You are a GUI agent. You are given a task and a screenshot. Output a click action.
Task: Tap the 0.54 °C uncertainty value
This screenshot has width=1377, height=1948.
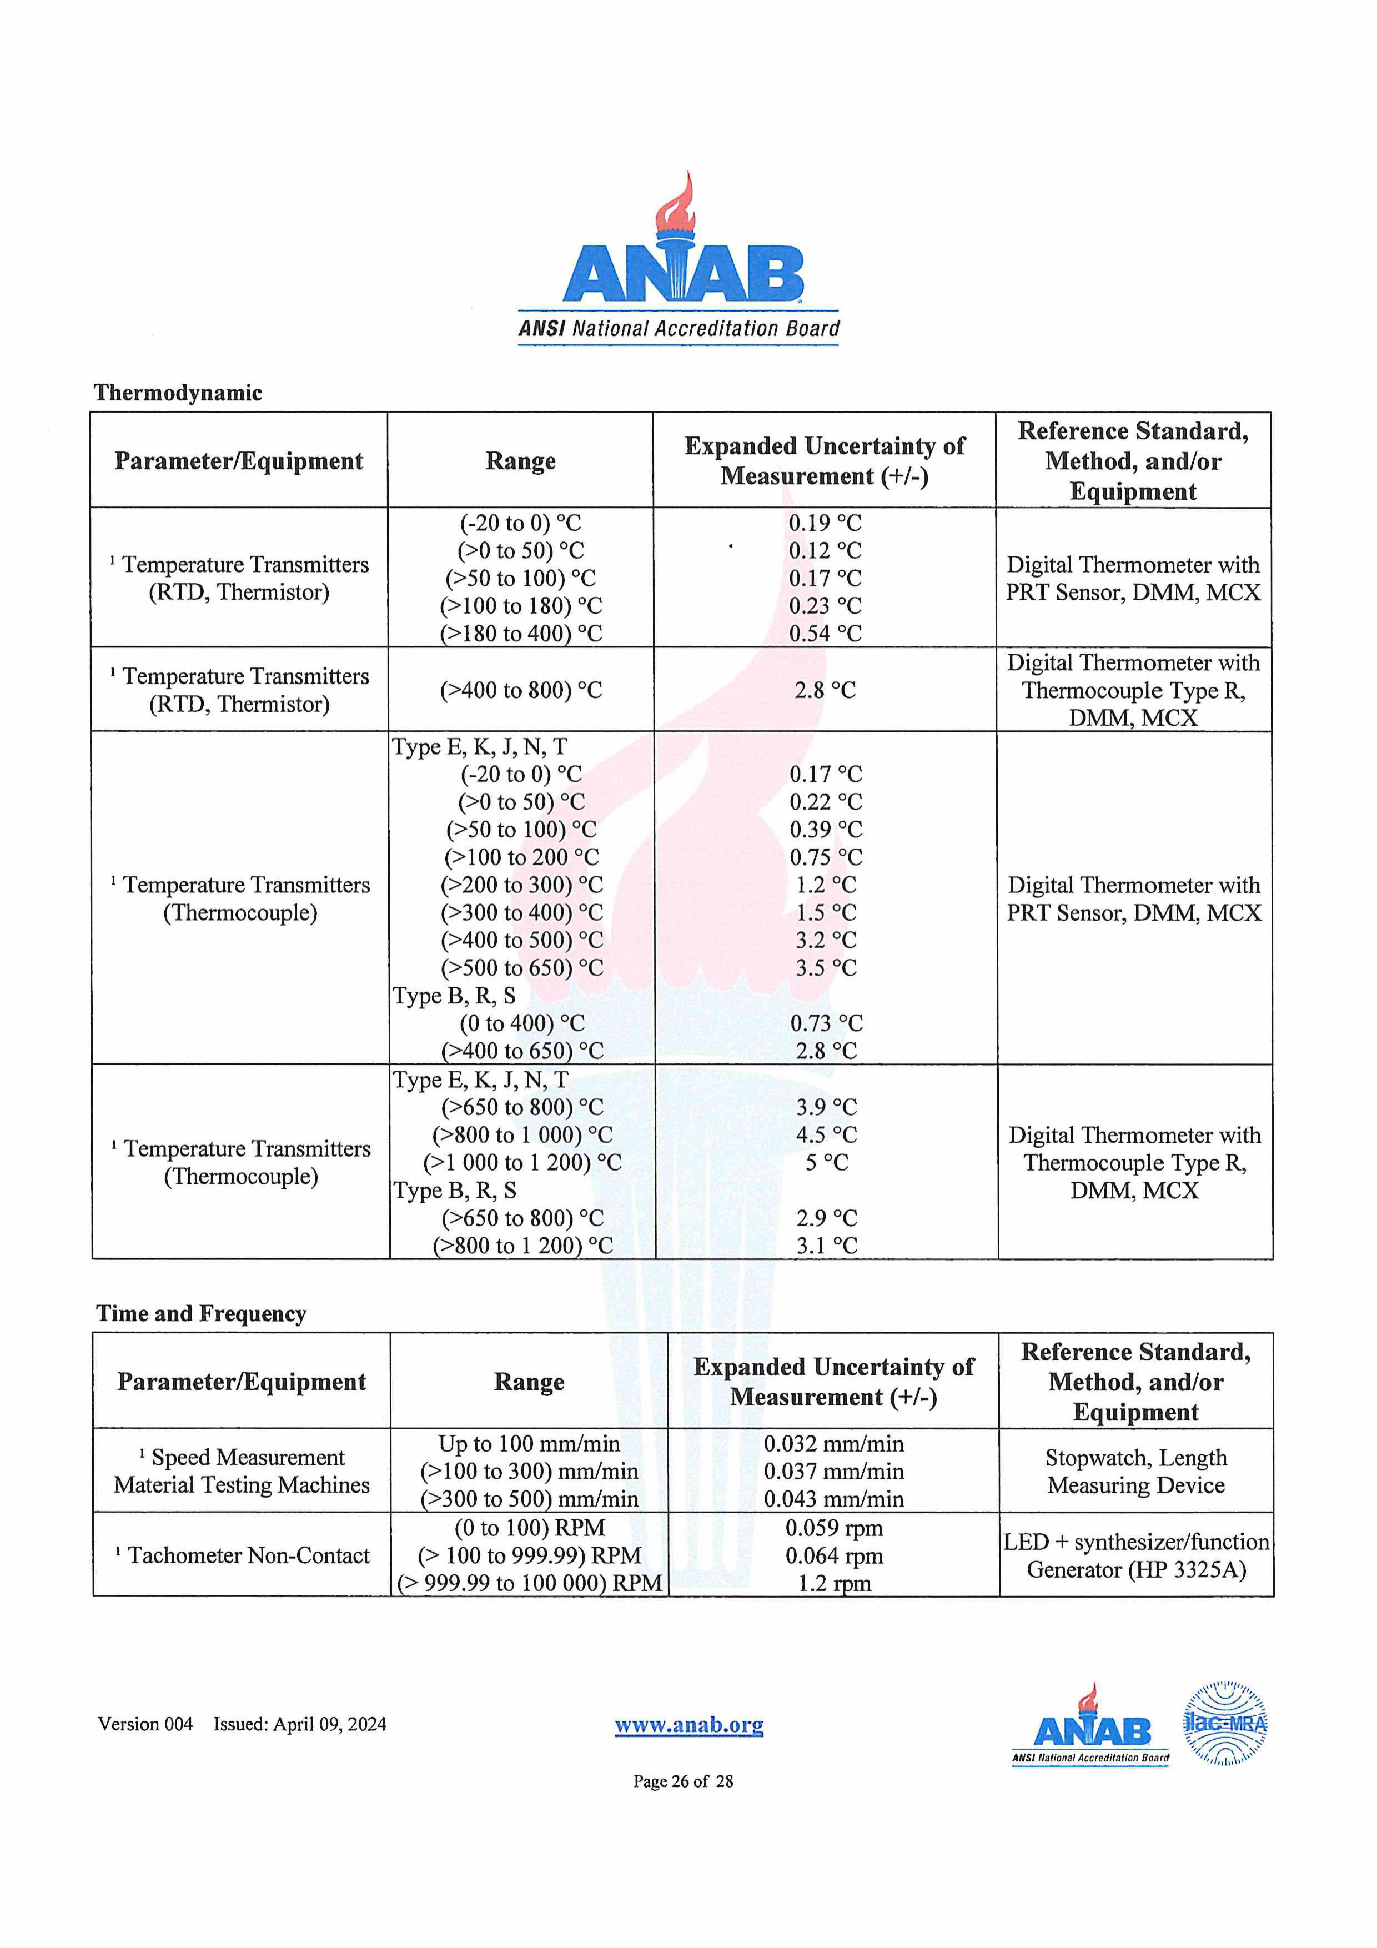pos(825,634)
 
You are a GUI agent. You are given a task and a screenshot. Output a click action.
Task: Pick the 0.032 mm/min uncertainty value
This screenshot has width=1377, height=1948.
pos(833,1443)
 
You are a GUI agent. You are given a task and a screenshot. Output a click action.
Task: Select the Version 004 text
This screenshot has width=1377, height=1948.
pos(145,1724)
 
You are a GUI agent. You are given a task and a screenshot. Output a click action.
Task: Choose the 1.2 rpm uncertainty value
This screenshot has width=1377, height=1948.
pos(833,1583)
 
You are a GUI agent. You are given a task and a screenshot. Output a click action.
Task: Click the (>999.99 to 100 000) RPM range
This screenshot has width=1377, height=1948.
pos(529,1583)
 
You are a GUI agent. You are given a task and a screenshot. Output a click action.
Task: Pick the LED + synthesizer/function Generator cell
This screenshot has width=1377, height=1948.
pos(1135,1555)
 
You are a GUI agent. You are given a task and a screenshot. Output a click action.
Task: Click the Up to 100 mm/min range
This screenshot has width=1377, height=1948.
pos(529,1443)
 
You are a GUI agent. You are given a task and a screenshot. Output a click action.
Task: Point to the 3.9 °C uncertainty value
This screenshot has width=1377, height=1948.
pos(826,1107)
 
